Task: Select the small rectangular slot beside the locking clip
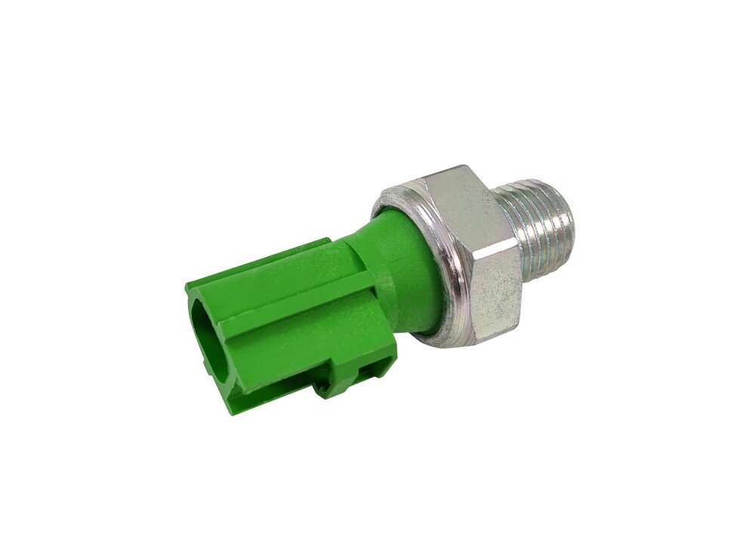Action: tap(370, 369)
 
